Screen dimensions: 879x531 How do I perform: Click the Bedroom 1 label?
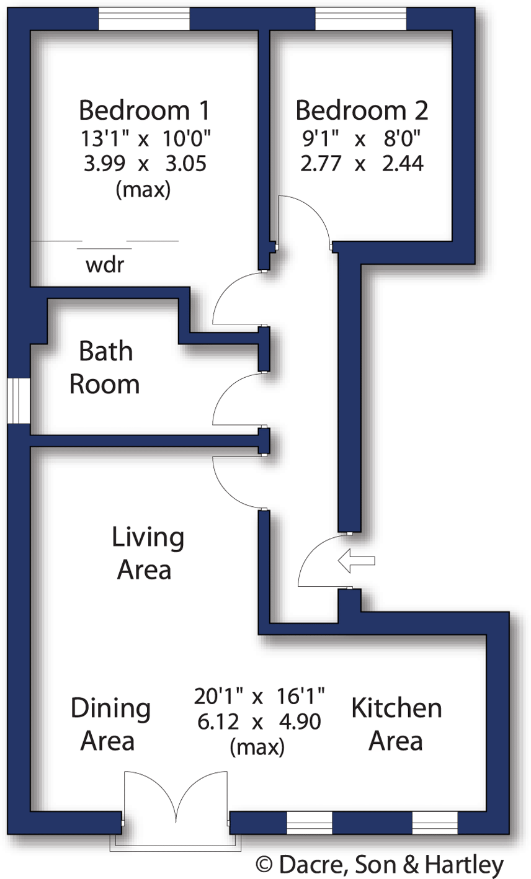tap(144, 110)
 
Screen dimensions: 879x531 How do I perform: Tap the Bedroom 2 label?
tap(362, 110)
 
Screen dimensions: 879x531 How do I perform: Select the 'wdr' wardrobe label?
tap(105, 265)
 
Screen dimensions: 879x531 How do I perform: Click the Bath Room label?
tap(105, 367)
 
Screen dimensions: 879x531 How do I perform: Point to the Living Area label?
tap(147, 553)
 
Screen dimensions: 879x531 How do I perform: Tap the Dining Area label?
tap(110, 724)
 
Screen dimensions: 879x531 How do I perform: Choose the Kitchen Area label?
tap(396, 724)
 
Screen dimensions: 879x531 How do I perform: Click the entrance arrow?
tap(357, 561)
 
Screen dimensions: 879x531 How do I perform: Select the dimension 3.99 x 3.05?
tap(144, 164)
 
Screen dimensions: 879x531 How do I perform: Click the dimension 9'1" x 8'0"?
tap(362, 138)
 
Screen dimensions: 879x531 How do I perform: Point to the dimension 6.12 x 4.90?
tap(258, 722)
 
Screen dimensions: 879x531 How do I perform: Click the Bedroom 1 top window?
tap(144, 19)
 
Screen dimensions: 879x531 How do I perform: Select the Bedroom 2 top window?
tap(361, 19)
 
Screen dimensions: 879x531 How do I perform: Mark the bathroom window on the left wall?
tap(19, 401)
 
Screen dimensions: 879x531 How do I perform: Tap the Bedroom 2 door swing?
tap(304, 218)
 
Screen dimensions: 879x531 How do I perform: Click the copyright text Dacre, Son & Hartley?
tap(379, 864)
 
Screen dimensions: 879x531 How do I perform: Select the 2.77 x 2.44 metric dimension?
tap(362, 164)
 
